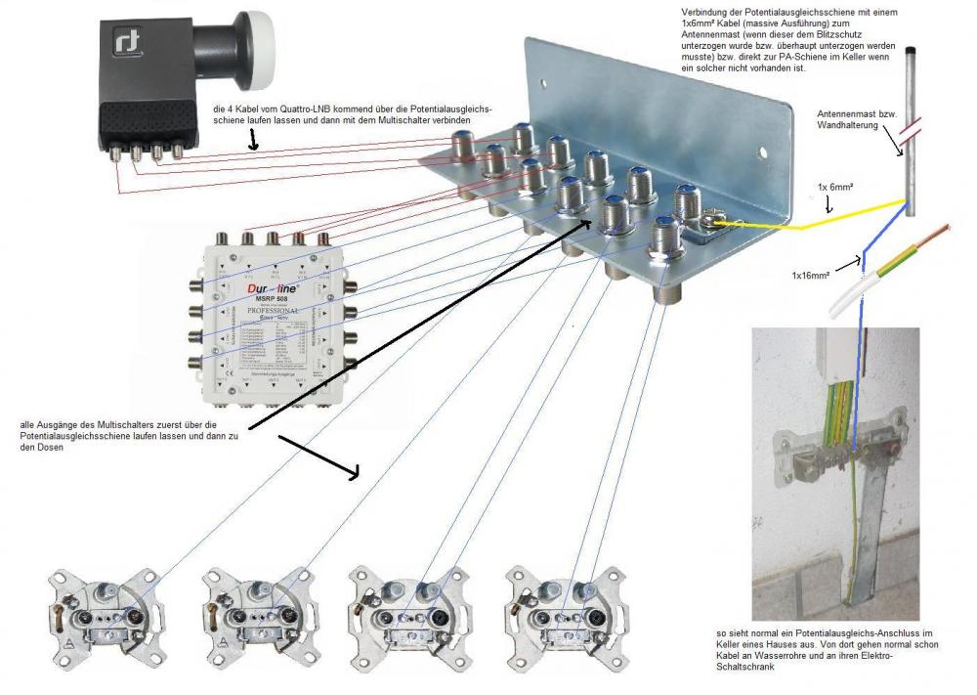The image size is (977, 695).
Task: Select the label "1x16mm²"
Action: (811, 276)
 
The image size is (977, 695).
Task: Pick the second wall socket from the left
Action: (250, 616)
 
